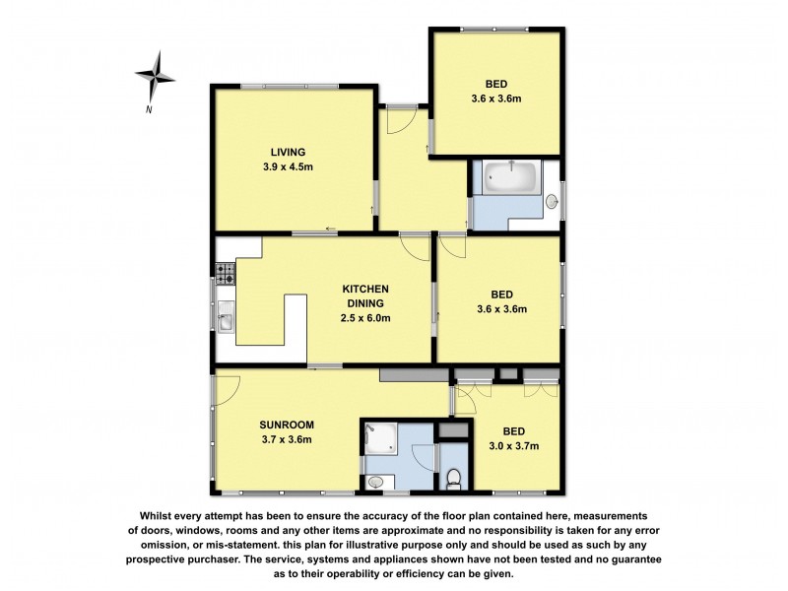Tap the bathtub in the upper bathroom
point(508,178)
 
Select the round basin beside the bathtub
point(553,203)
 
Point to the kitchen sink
point(225,320)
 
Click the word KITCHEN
point(365,289)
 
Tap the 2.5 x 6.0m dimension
point(365,318)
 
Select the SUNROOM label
point(284,425)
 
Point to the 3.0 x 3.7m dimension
point(513,446)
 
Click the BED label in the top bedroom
point(495,83)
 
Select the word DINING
point(365,303)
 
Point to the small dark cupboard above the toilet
point(452,431)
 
